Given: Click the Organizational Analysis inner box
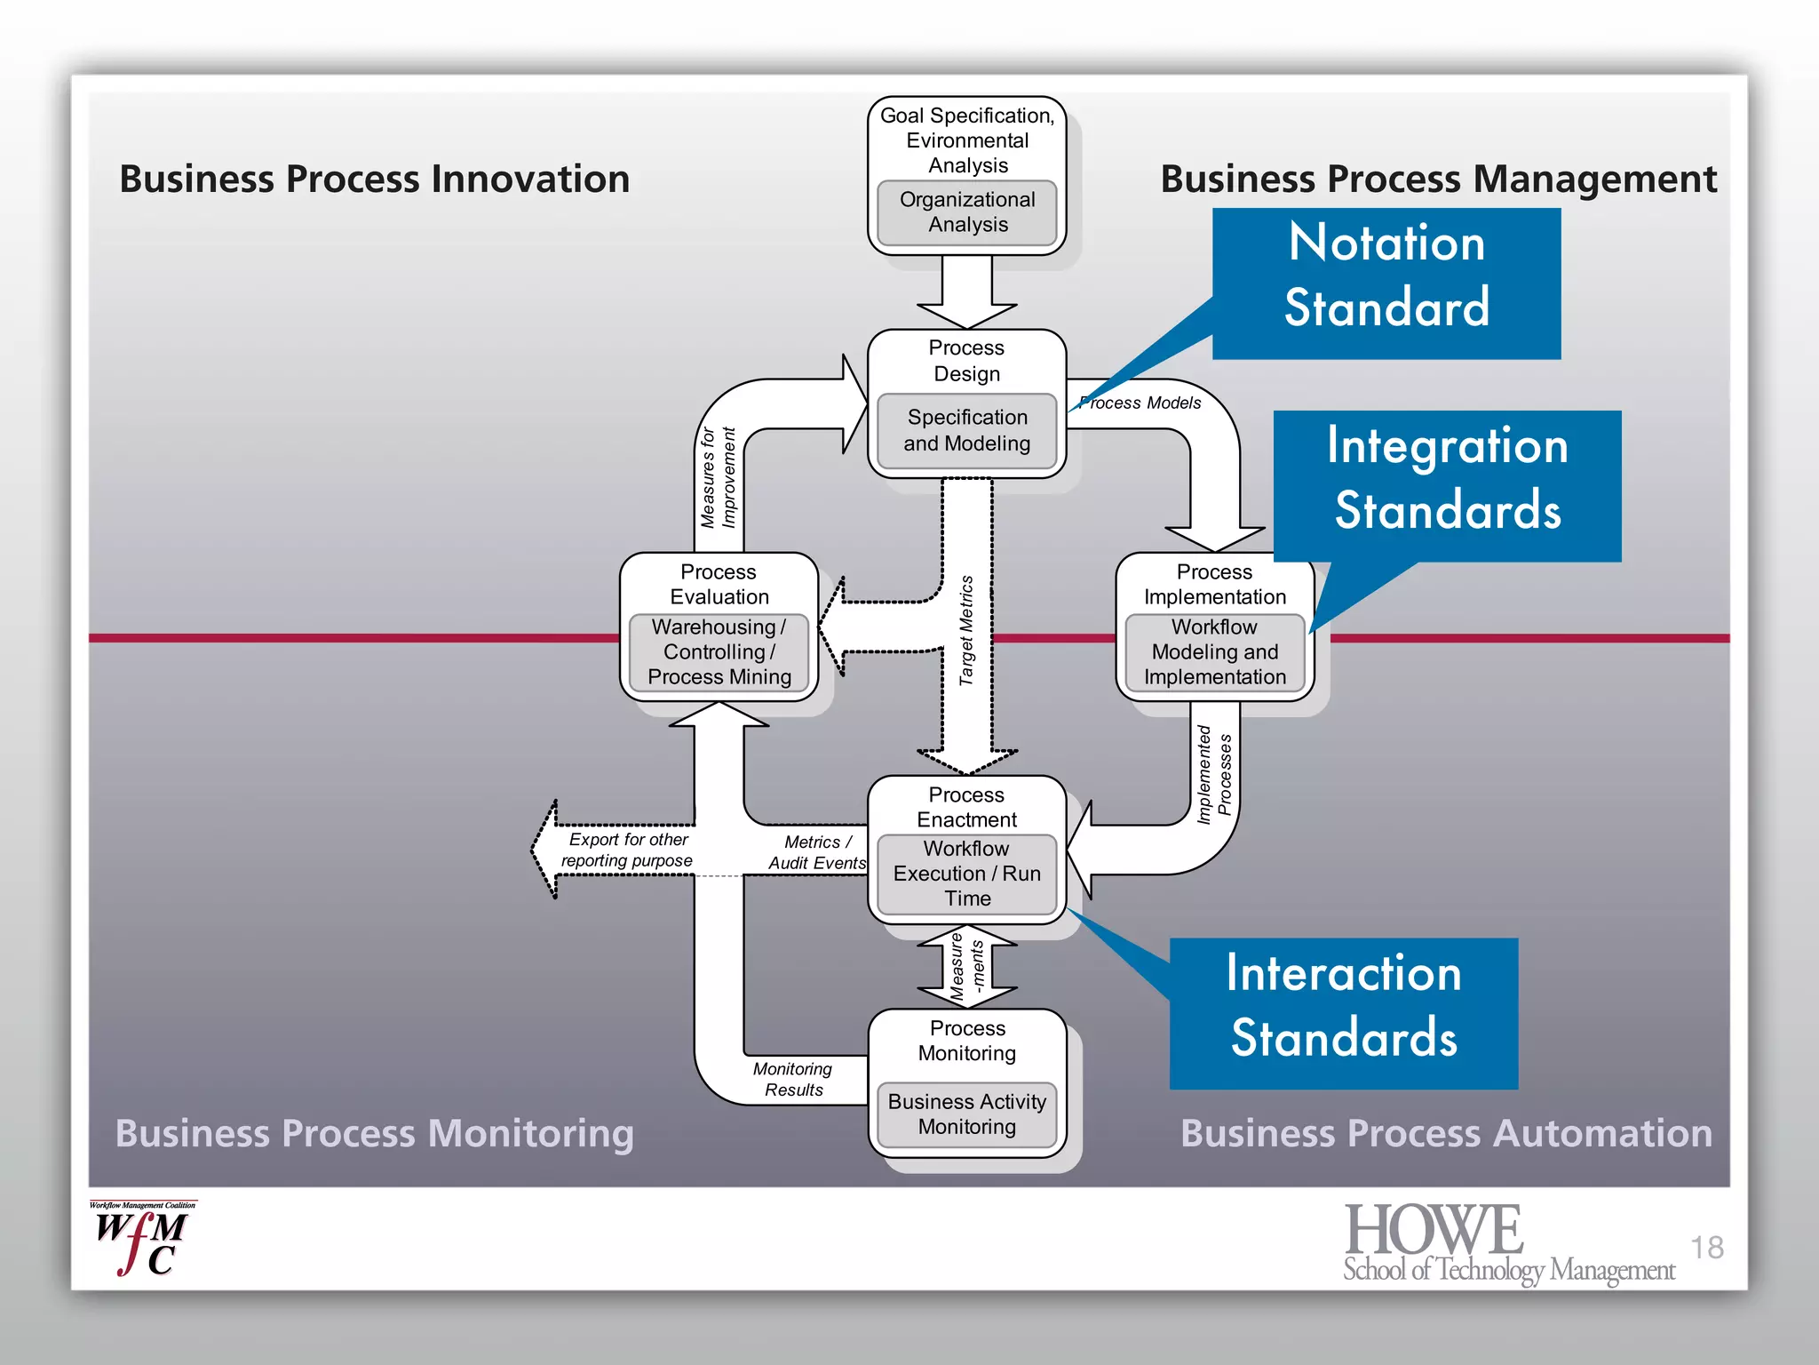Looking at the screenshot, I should pyautogui.click(x=966, y=212).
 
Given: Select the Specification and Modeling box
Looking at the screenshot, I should pyautogui.click(x=966, y=430).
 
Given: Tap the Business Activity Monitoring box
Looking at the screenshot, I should pyautogui.click(x=966, y=1114).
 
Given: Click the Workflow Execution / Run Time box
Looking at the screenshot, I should pyautogui.click(x=966, y=874).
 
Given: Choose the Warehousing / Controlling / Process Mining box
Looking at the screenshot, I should pyautogui.click(x=719, y=652).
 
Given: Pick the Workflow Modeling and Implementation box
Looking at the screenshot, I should pyautogui.click(x=1214, y=652).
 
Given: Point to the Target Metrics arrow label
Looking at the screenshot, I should pyautogui.click(x=966, y=630).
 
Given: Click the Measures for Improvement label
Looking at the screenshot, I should pyautogui.click(x=719, y=478).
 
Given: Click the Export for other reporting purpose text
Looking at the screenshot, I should pyautogui.click(x=627, y=850).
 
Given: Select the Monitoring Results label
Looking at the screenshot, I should pyautogui.click(x=792, y=1079).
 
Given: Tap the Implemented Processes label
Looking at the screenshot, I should pyautogui.click(x=1214, y=774).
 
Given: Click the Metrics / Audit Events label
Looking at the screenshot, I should pyautogui.click(x=816, y=852).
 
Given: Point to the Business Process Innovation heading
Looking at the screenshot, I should pyautogui.click(x=374, y=179).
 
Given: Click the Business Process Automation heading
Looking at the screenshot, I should pyautogui.click(x=1445, y=1133).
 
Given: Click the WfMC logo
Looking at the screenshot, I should pyautogui.click(x=141, y=1239).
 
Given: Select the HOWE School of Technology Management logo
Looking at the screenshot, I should pyautogui.click(x=1507, y=1242).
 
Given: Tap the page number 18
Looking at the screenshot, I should pyautogui.click(x=1705, y=1248).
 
